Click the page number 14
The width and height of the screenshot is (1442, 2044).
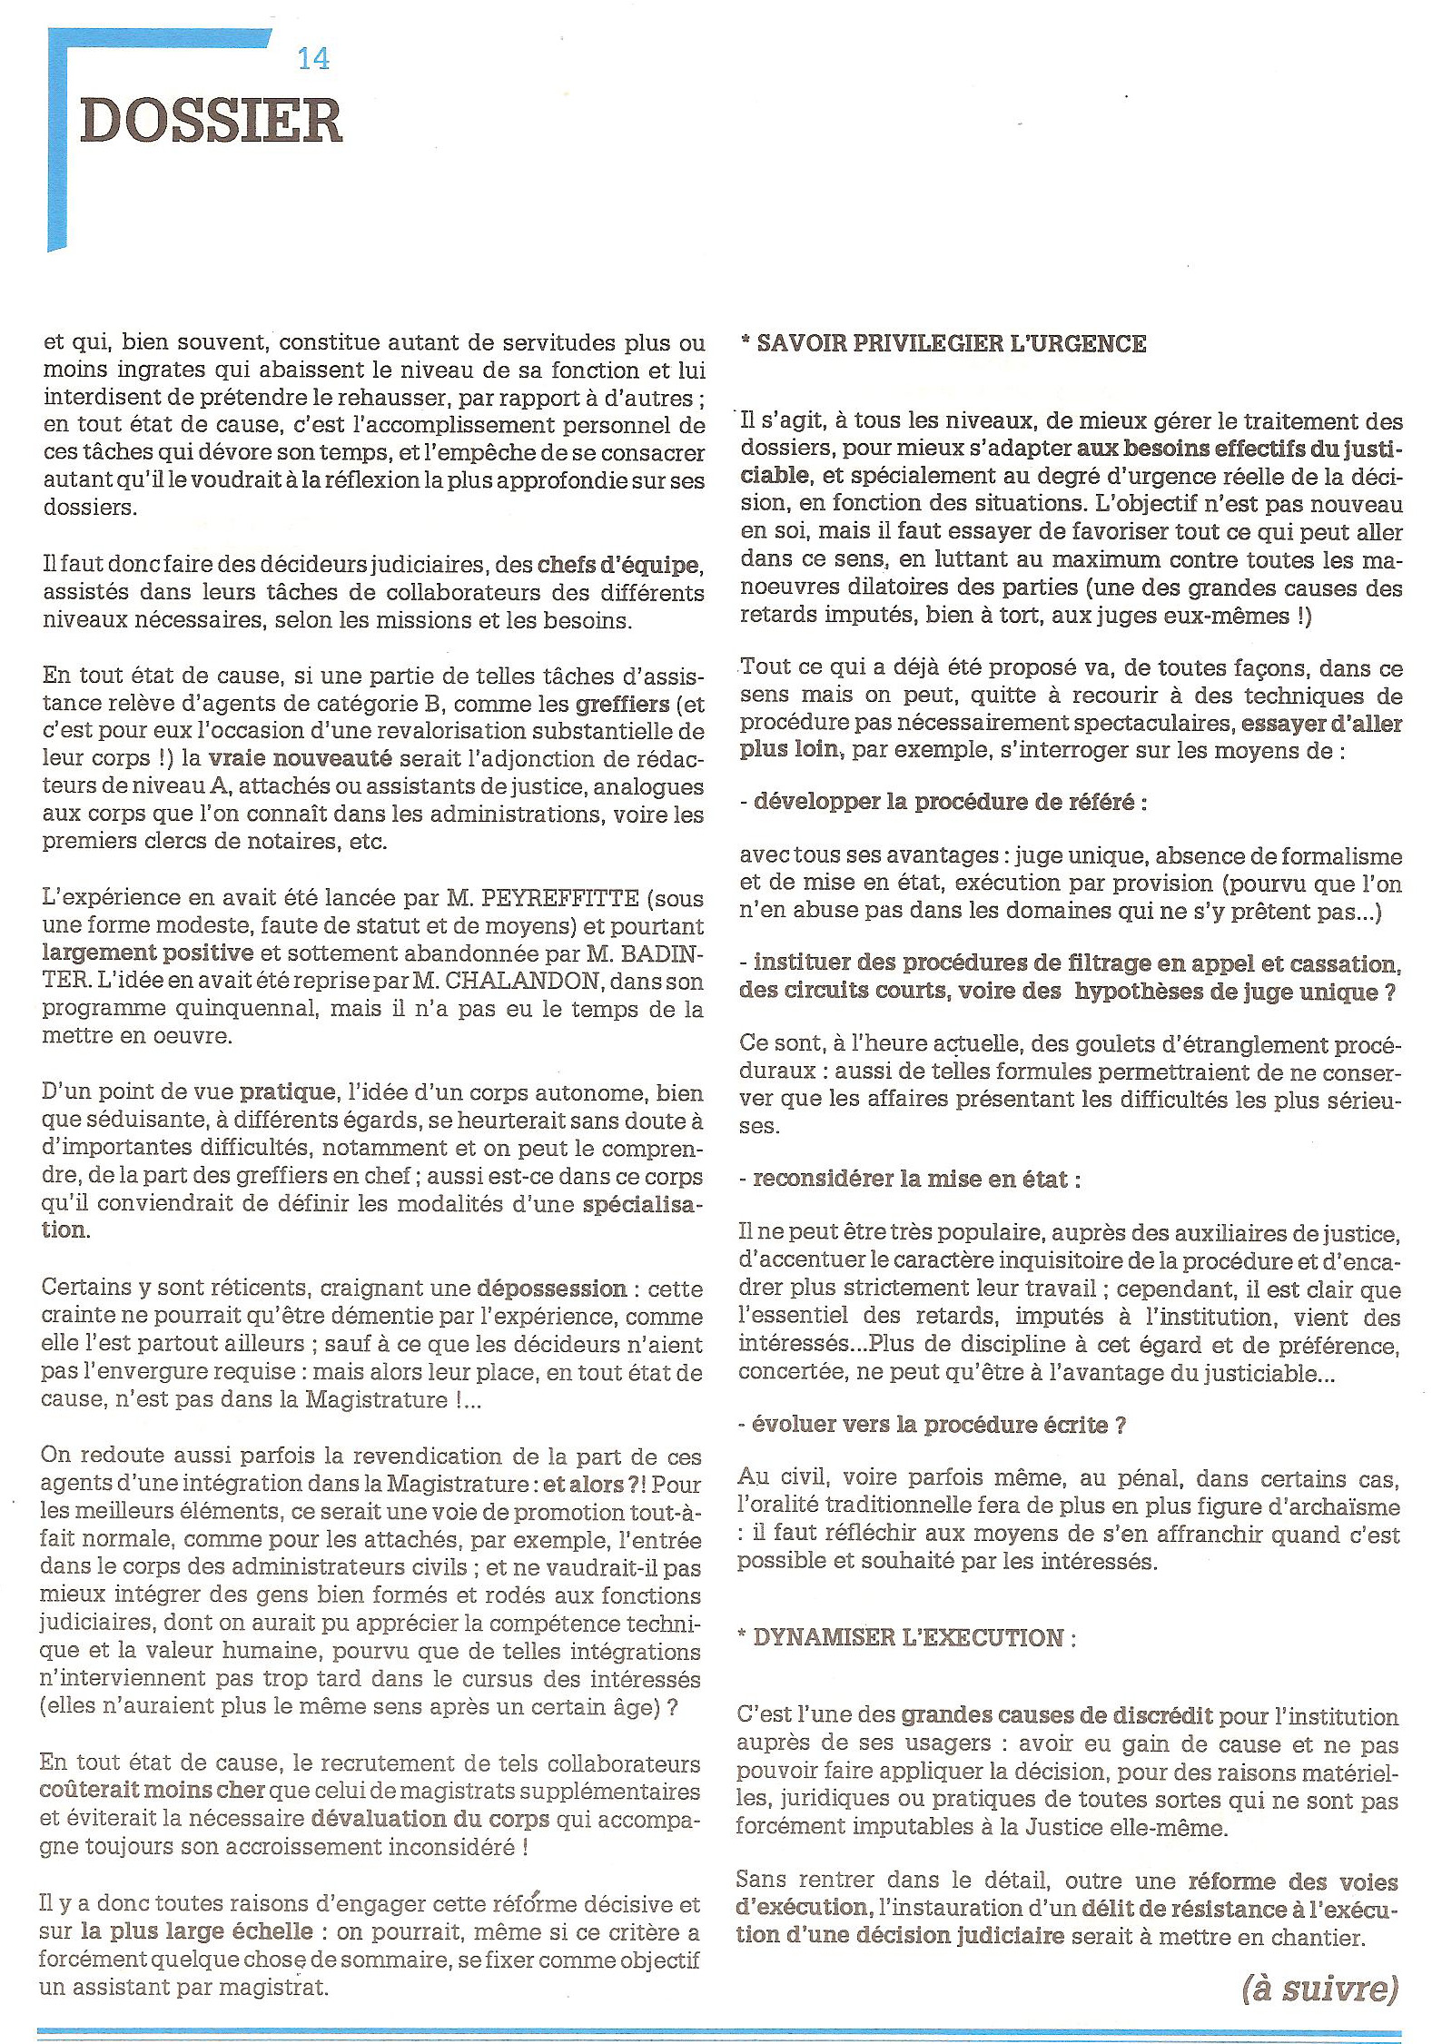coord(313,59)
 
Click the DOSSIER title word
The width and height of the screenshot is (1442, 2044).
coord(211,122)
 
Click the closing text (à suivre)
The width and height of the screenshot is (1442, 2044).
coord(1319,1990)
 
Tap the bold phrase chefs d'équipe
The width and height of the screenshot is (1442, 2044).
coord(618,565)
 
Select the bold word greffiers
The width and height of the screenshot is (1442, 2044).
coord(622,704)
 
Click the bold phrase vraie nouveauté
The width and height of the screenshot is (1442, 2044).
coord(300,759)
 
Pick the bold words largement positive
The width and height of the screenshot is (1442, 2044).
coord(147,953)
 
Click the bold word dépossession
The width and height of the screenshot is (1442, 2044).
coord(551,1289)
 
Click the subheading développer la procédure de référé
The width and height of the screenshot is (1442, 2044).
coord(944,803)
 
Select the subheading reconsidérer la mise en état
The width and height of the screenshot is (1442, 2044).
coord(911,1180)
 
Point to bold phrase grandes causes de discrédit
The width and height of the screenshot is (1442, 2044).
coord(1056,1715)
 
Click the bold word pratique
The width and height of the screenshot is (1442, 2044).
coord(288,1091)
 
